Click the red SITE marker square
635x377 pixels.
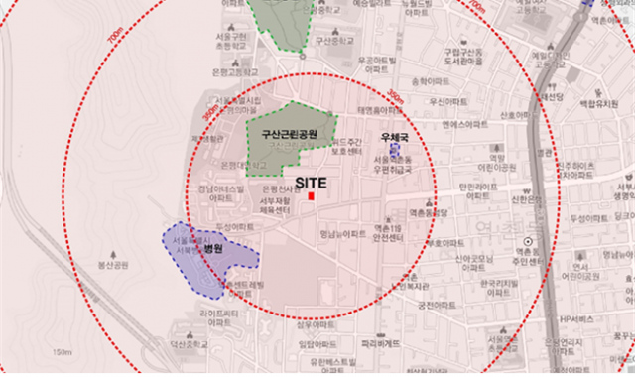click(x=311, y=197)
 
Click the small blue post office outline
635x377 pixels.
click(x=394, y=149)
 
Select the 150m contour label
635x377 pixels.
click(x=63, y=353)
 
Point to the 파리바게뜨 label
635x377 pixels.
click(x=381, y=343)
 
